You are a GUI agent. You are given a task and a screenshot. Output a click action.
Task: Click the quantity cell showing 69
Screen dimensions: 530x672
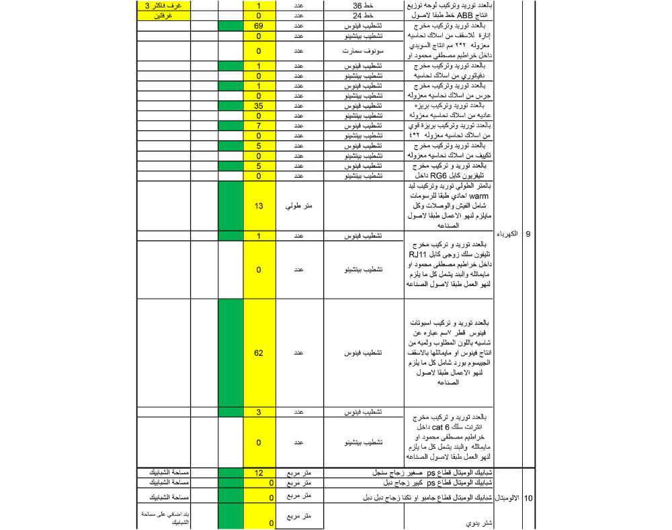point(258,26)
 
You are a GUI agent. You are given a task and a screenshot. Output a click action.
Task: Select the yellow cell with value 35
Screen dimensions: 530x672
point(258,106)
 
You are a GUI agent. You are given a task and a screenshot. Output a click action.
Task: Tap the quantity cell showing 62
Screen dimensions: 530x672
point(258,352)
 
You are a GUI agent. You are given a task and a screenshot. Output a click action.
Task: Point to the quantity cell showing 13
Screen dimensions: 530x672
point(258,206)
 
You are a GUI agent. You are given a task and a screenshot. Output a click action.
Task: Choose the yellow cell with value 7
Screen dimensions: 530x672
point(258,126)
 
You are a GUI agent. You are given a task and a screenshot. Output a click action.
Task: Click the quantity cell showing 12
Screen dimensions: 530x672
point(258,473)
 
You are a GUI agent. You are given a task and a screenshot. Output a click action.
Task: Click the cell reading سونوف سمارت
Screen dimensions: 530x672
point(367,50)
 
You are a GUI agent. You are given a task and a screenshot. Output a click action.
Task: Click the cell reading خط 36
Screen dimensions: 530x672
point(367,5)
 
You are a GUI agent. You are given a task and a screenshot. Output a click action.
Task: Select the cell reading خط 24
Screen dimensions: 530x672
point(367,15)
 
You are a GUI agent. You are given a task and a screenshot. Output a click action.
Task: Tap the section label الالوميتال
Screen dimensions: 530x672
point(507,498)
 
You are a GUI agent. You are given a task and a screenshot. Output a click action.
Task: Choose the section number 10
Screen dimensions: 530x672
point(528,498)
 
